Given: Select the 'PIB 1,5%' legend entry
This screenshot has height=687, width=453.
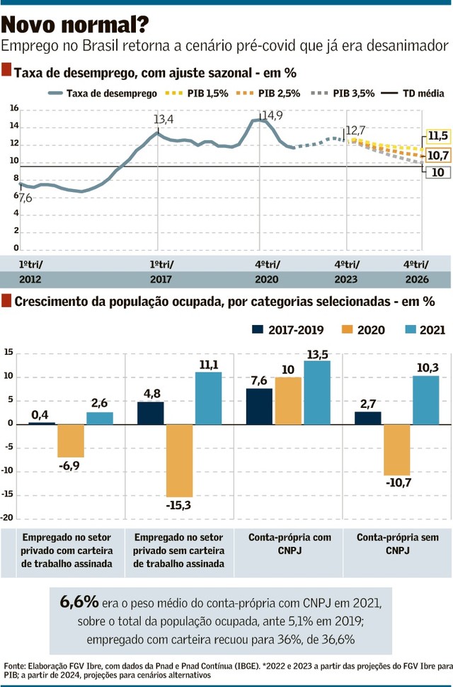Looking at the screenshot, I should [205, 93].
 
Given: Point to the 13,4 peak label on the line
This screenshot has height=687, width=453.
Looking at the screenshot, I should [163, 119].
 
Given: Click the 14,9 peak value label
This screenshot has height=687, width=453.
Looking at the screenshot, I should [272, 115].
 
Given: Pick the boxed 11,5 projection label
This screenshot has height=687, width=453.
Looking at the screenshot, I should [438, 136].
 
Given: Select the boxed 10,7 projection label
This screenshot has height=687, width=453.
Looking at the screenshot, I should [438, 155].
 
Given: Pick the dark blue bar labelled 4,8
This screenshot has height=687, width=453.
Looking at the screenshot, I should [151, 412].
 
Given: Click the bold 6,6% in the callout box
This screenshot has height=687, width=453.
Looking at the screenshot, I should [79, 602].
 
